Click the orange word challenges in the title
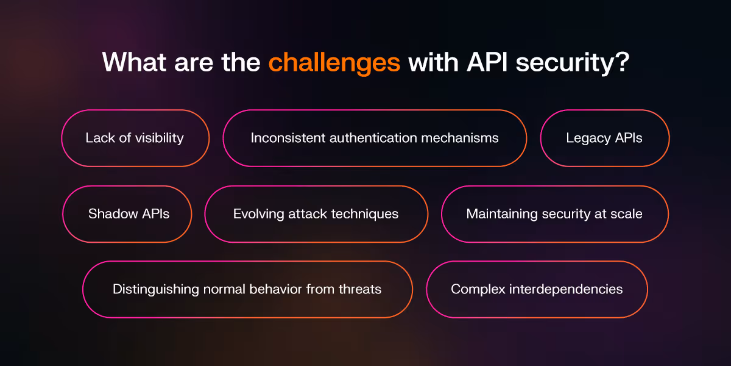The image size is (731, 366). point(334,63)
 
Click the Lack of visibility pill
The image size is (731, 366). point(135,138)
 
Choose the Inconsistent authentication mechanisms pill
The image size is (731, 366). point(374,138)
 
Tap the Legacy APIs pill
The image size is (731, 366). point(604,138)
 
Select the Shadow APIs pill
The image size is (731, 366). point(128,213)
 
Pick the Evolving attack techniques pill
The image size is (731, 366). point(316,213)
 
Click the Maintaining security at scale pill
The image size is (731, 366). point(554,213)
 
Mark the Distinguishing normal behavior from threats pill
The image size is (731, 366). point(247,289)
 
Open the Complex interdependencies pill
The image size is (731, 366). point(536,289)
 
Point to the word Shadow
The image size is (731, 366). point(110,213)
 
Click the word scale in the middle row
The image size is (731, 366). point(626,213)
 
